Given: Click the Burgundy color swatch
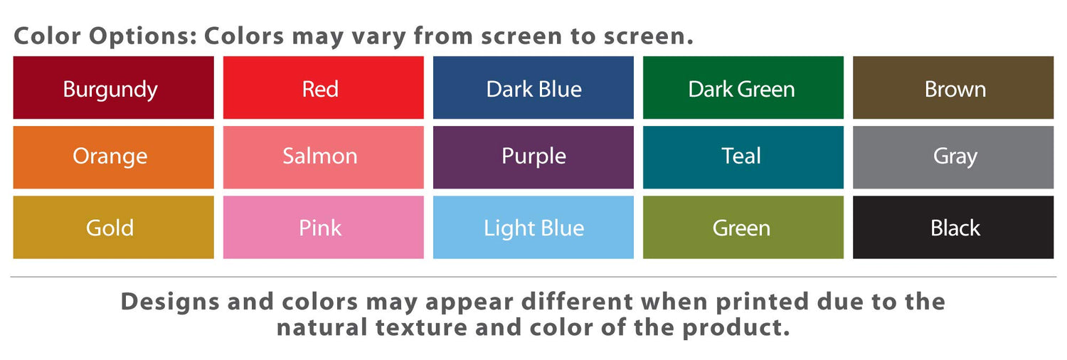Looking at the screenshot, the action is [x=113, y=88].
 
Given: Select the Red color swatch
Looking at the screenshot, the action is [x=324, y=88].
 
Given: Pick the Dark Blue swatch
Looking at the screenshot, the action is [x=533, y=88].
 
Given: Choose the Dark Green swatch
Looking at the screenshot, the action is [x=743, y=88].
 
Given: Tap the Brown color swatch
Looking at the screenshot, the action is [x=953, y=88].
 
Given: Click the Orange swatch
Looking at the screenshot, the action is [x=113, y=157].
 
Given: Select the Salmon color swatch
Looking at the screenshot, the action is [x=324, y=157].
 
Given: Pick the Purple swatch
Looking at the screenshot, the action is [x=533, y=157].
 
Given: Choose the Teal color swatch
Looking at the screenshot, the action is [x=743, y=157].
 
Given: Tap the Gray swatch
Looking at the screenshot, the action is [x=953, y=157].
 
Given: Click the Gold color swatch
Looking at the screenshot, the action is [x=113, y=227].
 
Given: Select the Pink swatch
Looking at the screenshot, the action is [x=324, y=227].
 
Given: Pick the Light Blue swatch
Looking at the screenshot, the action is [x=533, y=227].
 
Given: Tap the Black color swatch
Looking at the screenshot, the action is [x=953, y=227].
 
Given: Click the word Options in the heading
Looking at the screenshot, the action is [x=143, y=37].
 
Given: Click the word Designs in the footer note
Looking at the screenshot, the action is [x=170, y=302].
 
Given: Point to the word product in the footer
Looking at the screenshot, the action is [x=736, y=328].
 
